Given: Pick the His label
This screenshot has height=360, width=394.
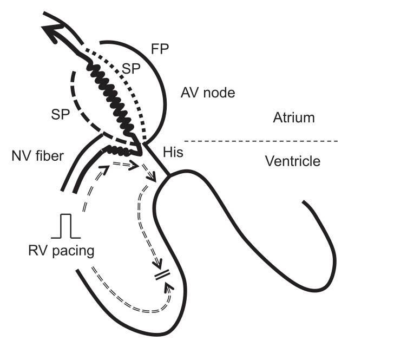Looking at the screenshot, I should tap(173, 153).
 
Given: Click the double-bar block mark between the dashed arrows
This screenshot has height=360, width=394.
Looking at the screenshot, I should tap(162, 276).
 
